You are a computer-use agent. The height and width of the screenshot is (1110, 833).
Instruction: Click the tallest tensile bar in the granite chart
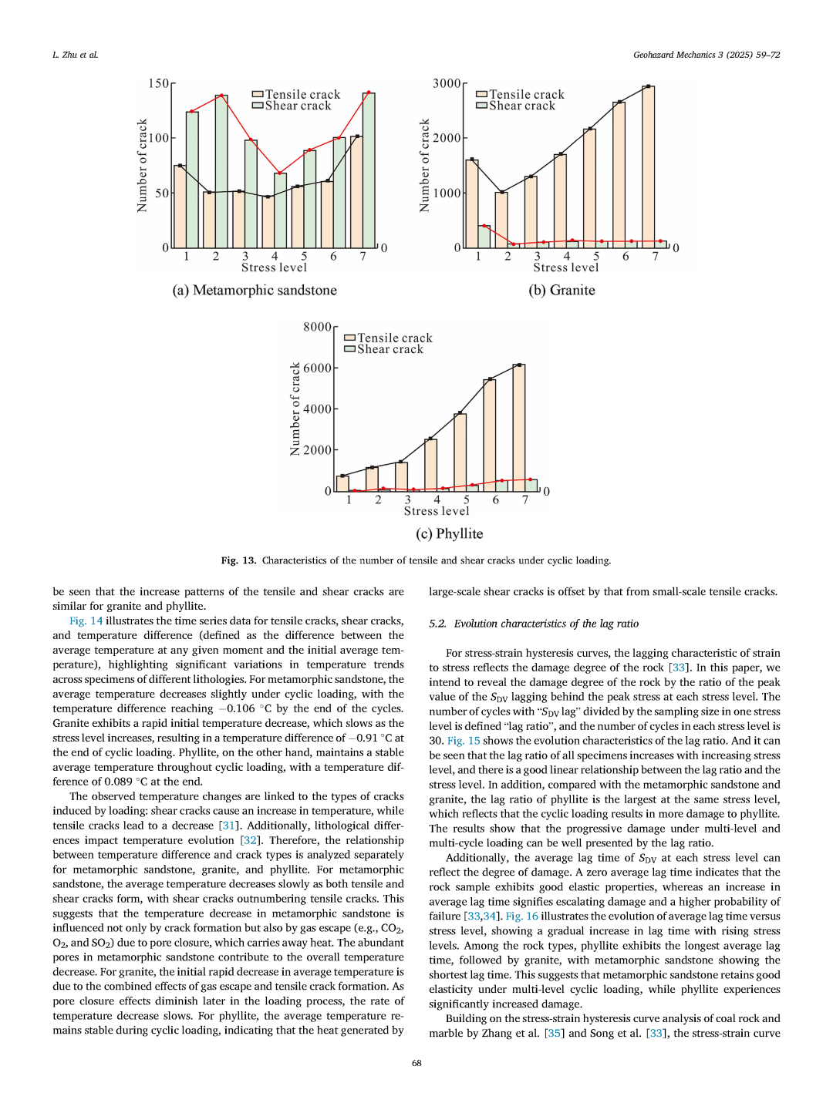[649, 166]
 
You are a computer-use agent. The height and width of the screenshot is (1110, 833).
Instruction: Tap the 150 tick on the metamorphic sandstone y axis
[159, 83]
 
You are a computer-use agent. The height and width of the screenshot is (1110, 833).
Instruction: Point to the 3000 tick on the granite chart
[447, 83]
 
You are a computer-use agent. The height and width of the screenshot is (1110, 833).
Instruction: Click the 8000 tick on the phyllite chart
[317, 327]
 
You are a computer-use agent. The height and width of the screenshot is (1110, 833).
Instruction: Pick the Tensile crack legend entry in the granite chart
[520, 94]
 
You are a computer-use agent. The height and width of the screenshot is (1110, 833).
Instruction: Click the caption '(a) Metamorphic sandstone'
[255, 291]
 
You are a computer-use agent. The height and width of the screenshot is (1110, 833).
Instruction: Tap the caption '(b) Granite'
[562, 291]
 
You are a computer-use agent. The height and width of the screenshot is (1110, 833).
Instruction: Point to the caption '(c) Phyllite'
[449, 534]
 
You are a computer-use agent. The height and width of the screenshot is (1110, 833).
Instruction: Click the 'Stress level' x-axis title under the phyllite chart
[437, 511]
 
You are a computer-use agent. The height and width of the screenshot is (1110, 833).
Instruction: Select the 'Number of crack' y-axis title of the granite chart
[424, 166]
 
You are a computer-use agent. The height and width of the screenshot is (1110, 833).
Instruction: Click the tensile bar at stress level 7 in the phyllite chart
[519, 428]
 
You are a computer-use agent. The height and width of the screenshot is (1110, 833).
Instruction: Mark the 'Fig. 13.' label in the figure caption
[238, 560]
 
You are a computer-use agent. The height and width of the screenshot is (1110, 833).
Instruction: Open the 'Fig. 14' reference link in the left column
[86, 621]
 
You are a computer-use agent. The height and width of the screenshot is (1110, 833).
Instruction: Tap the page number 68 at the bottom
[416, 1063]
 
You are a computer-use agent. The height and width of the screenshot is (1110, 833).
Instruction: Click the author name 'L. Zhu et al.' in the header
[75, 55]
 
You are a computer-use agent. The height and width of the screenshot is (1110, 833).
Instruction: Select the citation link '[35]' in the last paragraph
[553, 1033]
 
